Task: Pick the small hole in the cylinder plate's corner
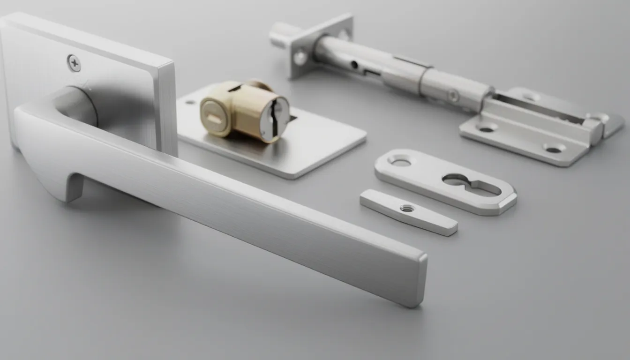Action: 191,102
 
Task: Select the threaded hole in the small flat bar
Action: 407,208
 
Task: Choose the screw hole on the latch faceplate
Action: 300,58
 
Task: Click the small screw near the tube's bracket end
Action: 453,96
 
